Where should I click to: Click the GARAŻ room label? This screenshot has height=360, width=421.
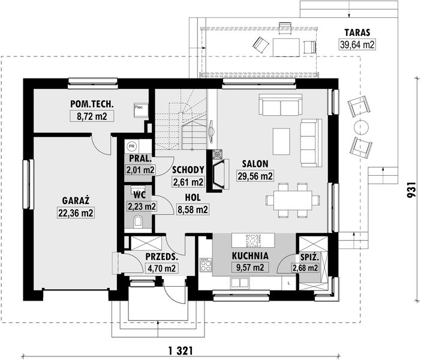[76, 200]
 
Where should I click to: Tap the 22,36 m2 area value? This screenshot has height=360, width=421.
[76, 213]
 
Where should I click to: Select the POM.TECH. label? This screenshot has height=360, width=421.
[92, 104]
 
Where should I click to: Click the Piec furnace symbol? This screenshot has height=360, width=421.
[141, 110]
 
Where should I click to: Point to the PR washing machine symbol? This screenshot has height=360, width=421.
[131, 146]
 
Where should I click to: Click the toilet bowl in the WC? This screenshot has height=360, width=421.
[139, 221]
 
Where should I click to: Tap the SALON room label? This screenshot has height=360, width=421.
[255, 164]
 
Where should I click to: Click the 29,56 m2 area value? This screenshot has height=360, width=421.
[255, 176]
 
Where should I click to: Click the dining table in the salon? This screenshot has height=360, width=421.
[293, 200]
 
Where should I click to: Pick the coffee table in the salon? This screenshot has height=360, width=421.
[281, 142]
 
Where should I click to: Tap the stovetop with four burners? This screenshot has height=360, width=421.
[206, 265]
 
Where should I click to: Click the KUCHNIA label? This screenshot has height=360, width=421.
[250, 256]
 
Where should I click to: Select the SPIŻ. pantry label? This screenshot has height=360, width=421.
[309, 257]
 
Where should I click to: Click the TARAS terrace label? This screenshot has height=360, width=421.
[357, 32]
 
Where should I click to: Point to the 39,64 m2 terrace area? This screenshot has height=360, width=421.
[357, 44]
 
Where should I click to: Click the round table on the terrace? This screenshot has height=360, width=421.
[361, 127]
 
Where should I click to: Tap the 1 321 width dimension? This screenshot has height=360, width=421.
[181, 350]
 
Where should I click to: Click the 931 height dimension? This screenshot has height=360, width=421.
[411, 190]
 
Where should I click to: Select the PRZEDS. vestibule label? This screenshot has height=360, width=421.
[162, 257]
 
